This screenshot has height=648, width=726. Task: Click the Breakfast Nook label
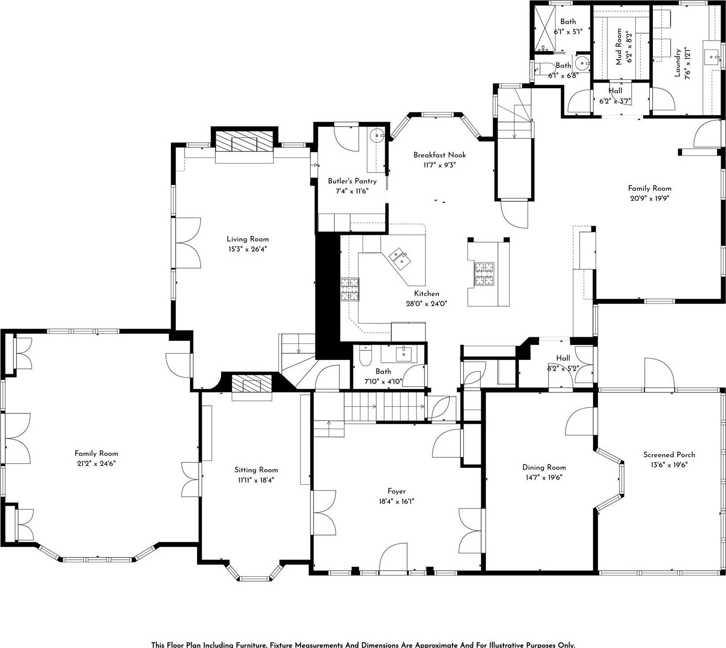439,155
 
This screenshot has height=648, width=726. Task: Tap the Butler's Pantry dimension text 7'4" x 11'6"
352,191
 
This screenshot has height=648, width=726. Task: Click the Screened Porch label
669,454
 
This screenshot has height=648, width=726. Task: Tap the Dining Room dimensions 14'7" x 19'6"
544,477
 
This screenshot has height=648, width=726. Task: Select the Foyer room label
396,491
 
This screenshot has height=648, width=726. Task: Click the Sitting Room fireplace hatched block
252,383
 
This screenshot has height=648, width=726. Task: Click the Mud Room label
619,46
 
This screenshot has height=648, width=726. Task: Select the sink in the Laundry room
712,57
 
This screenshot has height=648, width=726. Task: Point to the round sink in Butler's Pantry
378,135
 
